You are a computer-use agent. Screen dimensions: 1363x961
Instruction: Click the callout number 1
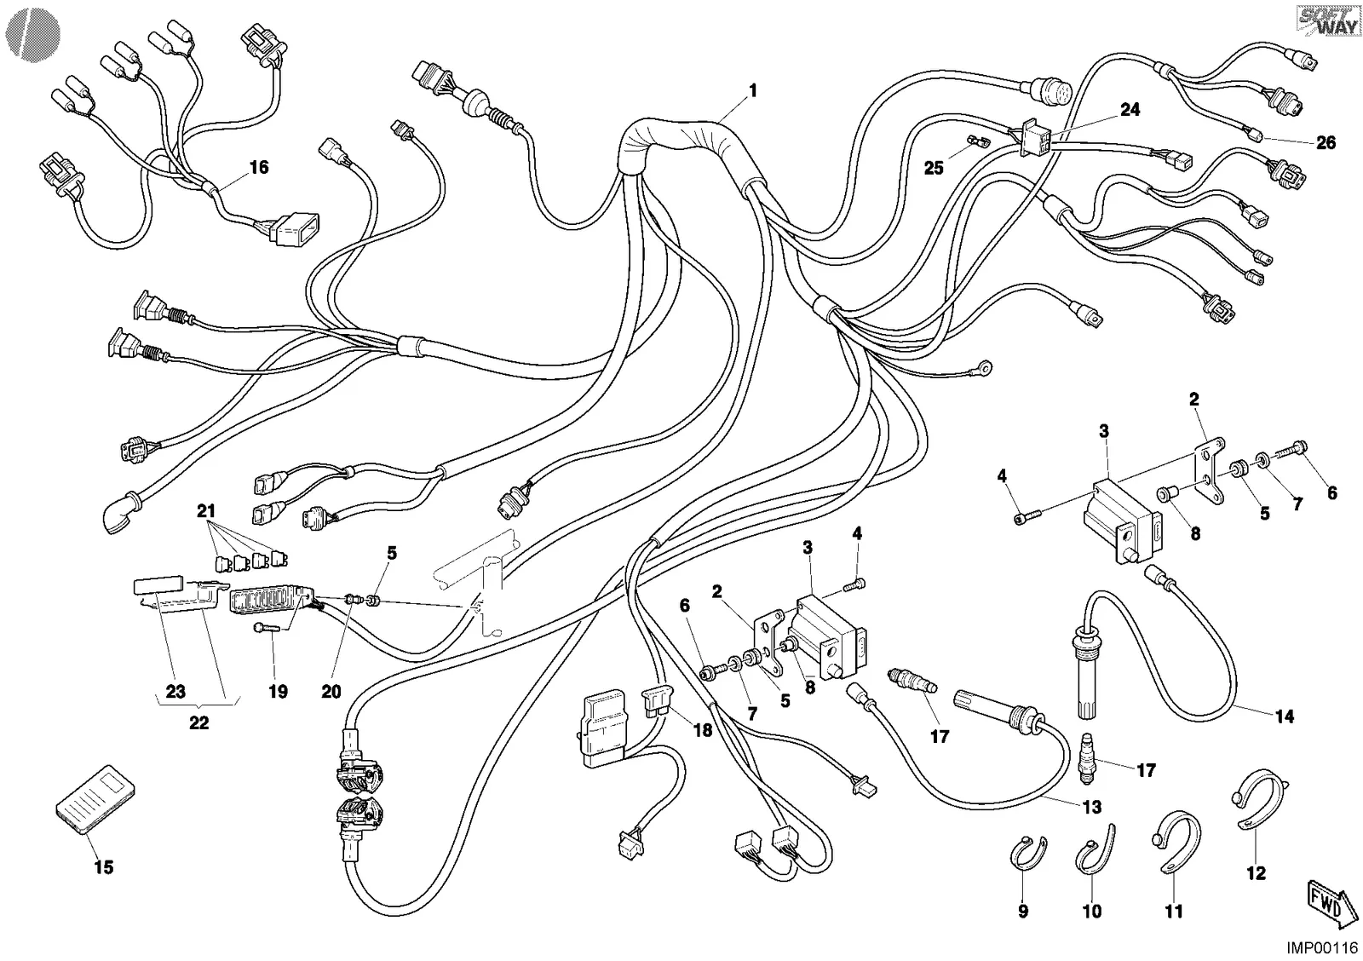coord(753,91)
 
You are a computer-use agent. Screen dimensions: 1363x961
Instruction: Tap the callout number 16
coord(259,167)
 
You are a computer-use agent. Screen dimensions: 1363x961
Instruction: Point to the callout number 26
coord(1326,142)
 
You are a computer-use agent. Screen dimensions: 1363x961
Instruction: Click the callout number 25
coord(934,168)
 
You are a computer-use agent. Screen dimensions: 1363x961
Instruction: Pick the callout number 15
coord(103,867)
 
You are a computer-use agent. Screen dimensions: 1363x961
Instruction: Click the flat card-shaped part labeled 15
coord(95,798)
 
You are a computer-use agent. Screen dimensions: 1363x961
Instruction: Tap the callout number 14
coord(1285,717)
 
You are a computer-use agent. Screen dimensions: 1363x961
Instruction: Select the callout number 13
coord(1092,807)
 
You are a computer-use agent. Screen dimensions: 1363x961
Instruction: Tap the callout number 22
coord(199,723)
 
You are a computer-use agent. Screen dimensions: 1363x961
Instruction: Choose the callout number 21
coord(206,510)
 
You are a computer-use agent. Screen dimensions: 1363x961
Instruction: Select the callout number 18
coord(703,730)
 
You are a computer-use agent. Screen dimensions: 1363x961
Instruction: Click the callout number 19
coord(278,692)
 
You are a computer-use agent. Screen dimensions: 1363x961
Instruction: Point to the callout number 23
coord(175,692)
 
